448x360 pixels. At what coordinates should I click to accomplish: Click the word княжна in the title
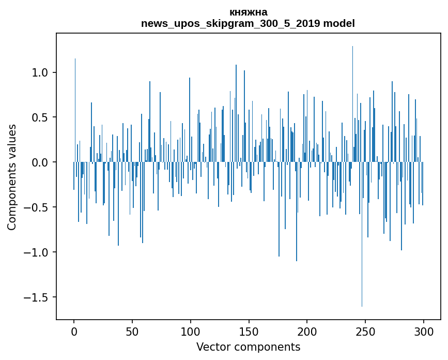tap(248, 12)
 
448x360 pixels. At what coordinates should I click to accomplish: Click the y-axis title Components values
tap(12, 177)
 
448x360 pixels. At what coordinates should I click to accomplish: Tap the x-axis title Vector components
tap(248, 347)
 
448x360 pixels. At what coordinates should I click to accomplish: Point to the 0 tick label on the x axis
tap(74, 331)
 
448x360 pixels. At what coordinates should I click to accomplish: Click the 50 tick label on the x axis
tap(132, 331)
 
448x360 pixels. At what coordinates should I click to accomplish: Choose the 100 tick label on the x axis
tap(191, 331)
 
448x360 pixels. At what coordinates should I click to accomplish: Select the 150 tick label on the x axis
tap(249, 331)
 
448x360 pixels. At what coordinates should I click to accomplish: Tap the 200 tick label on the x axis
tap(307, 331)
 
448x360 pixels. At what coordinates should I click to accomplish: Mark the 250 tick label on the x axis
tap(365, 331)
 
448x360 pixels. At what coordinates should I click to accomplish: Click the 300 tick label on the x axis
tap(423, 331)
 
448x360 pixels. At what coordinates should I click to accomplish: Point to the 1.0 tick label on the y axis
tap(40, 72)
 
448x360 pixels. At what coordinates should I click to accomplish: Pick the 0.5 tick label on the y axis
tap(40, 117)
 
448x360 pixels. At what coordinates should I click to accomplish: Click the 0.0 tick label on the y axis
tap(40, 162)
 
